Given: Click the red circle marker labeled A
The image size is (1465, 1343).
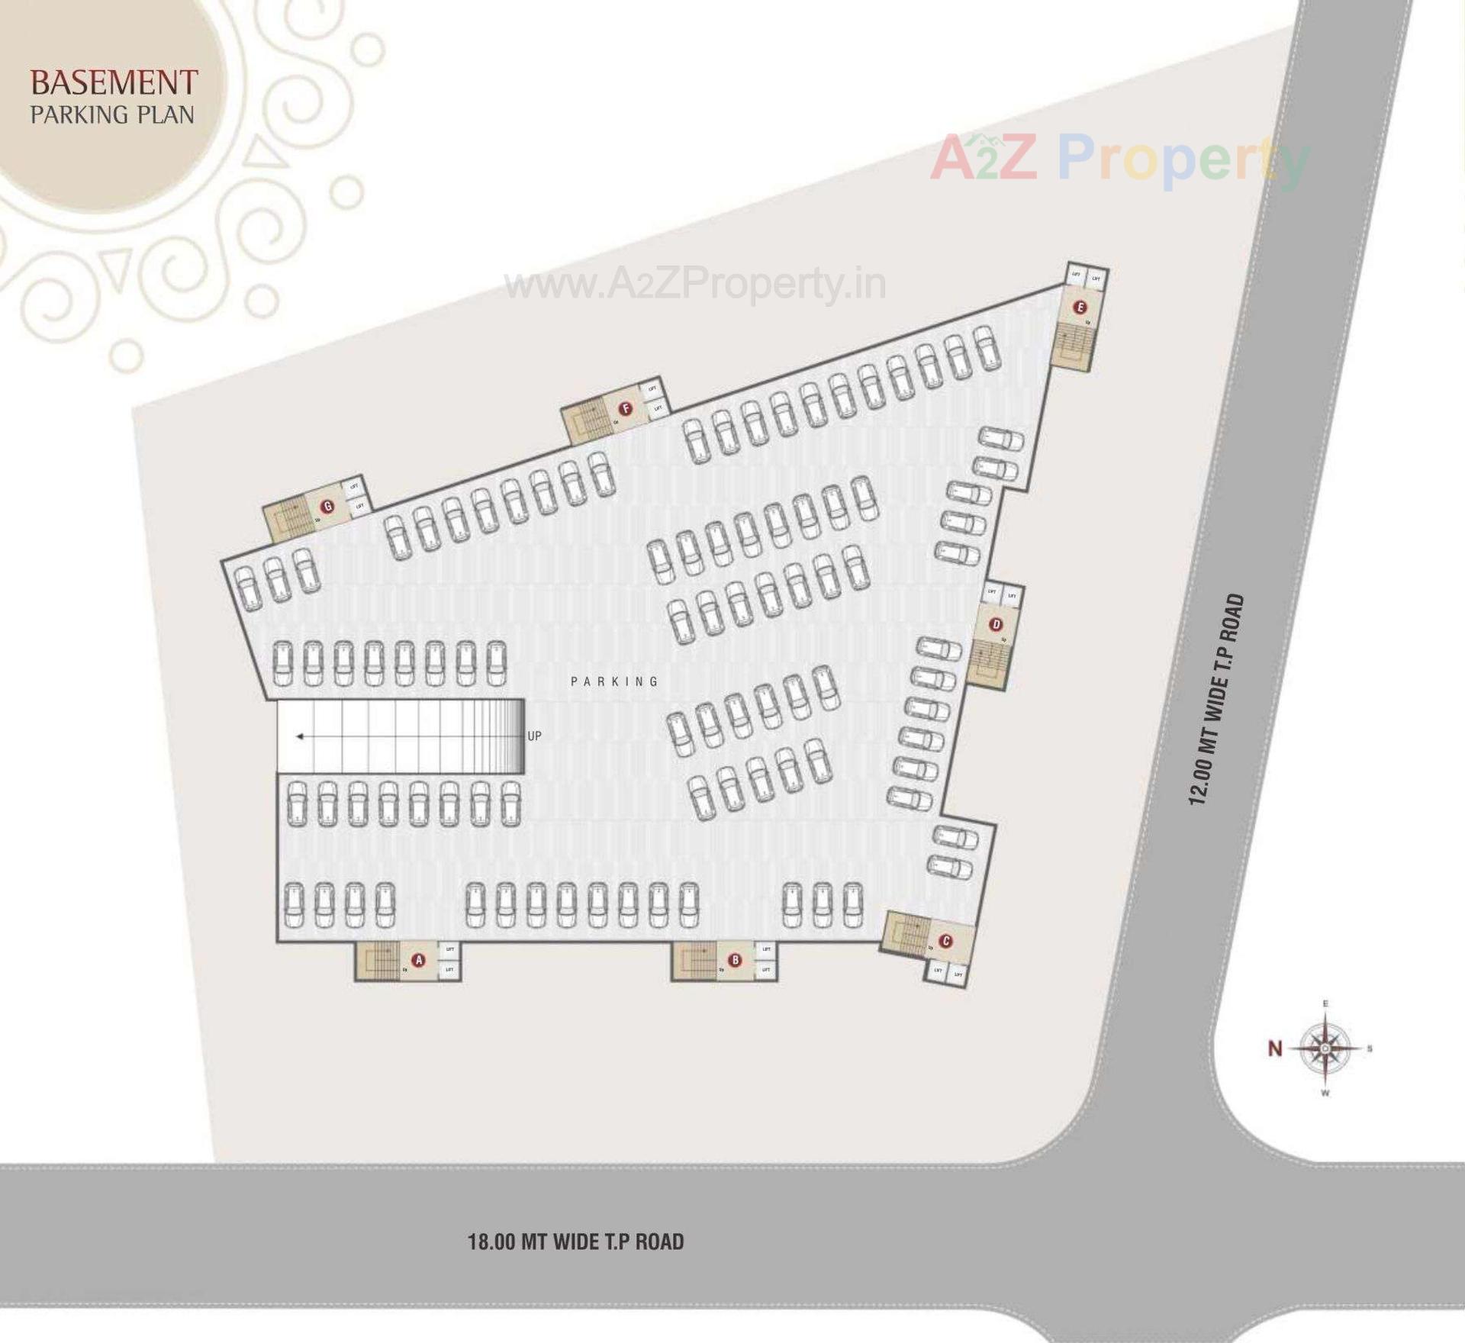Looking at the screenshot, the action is [x=417, y=959].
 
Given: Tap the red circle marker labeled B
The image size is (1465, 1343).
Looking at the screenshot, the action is [x=735, y=960].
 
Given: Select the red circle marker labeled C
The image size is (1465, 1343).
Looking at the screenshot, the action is [x=946, y=941].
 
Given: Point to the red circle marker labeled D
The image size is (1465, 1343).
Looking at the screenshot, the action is [x=996, y=625].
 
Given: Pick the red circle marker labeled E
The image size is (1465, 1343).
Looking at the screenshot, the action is [x=1080, y=308].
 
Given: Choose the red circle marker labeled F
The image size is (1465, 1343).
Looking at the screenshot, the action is [x=626, y=409].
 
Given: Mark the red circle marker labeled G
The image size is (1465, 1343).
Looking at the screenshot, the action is [x=328, y=506].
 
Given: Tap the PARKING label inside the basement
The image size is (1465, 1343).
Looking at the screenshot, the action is [x=614, y=681].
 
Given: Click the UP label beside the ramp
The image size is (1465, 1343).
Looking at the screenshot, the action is [x=534, y=736].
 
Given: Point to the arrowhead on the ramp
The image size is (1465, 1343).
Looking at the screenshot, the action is [x=301, y=736].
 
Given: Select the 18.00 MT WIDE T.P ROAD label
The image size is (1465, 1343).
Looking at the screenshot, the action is [x=575, y=1242].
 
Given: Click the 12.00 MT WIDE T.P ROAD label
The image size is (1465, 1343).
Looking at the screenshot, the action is [x=1216, y=699].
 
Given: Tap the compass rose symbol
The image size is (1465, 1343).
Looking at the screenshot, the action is [x=1325, y=1049].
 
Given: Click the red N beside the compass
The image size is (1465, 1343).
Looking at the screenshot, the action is [x=1274, y=1049].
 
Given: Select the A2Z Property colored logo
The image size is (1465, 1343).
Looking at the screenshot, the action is [x=1119, y=159].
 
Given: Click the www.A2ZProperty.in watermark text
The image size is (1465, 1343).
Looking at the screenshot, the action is [x=695, y=285].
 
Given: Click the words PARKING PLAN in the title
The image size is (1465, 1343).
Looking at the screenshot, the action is [x=112, y=115].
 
